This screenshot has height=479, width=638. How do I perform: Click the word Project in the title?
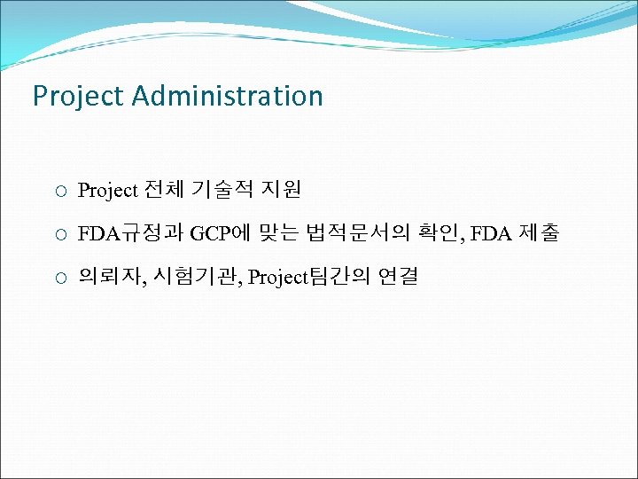77,96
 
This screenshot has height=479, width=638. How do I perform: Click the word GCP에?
221,234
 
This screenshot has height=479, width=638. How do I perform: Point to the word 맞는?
278,234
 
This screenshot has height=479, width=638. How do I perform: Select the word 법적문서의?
360,234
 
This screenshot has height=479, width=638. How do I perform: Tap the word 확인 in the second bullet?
440,234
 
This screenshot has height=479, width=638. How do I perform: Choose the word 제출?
539,234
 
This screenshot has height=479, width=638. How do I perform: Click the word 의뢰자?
110,278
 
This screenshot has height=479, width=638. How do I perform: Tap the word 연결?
397,278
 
